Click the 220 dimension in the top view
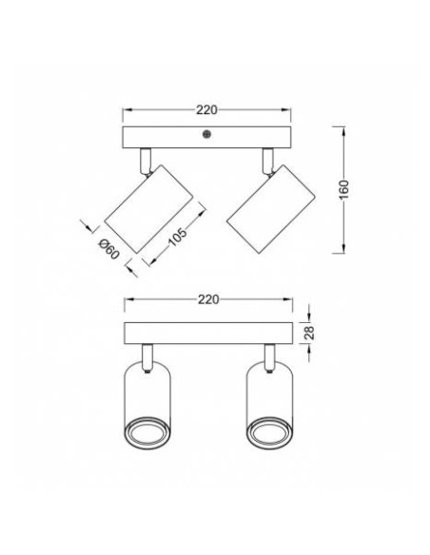207,107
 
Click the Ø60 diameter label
107,250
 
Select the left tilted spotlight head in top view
147,207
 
